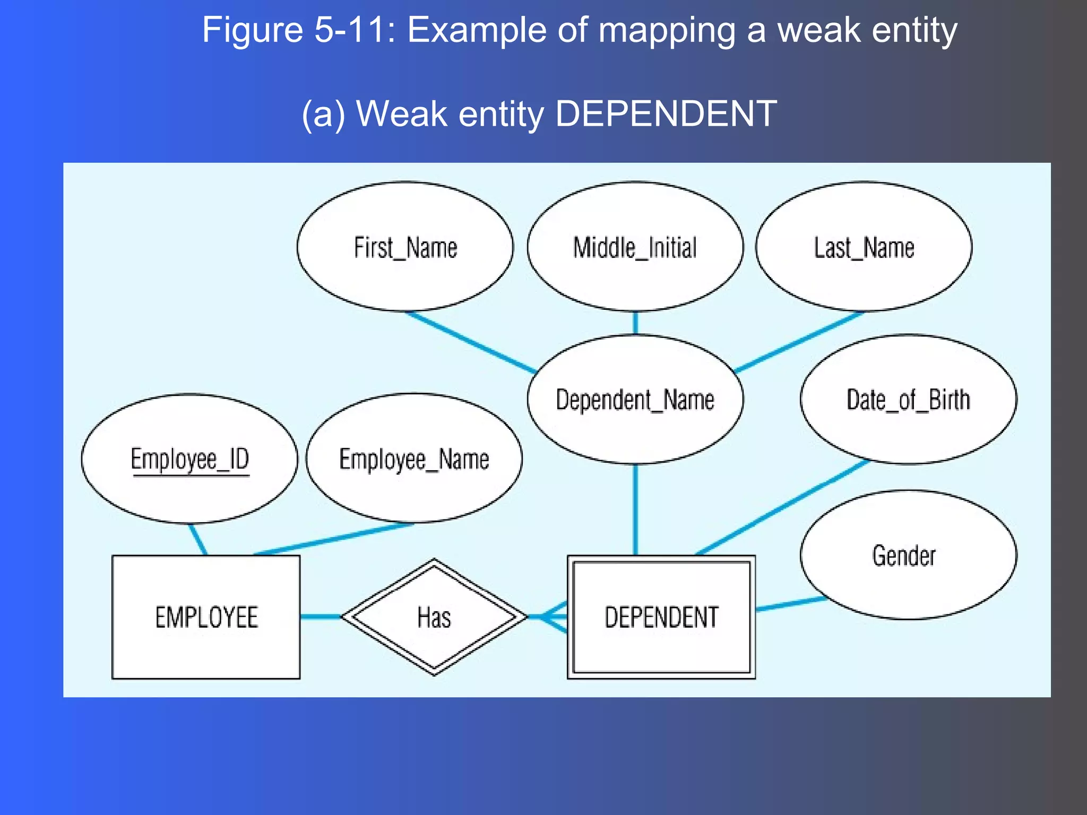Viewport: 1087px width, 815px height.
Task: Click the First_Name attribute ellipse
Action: tap(405, 247)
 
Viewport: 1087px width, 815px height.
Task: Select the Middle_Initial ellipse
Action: tap(635, 247)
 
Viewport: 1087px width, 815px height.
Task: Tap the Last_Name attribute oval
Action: tap(864, 247)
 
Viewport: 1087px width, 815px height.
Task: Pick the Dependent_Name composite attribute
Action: tap(635, 400)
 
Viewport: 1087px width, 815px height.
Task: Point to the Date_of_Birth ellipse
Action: tap(908, 400)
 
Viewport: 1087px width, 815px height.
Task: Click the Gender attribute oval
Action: tap(908, 555)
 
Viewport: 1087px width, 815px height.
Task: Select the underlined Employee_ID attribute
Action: tap(189, 459)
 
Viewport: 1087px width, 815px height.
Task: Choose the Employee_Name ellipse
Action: tap(414, 459)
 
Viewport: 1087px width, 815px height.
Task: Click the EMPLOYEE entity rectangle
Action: tap(206, 617)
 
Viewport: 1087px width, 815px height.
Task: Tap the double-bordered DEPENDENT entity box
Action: tap(661, 617)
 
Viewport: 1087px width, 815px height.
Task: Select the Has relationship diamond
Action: tap(434, 617)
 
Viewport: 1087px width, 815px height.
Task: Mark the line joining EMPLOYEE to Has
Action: tap(321, 617)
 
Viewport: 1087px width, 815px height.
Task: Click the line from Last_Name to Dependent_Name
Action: tap(799, 342)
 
